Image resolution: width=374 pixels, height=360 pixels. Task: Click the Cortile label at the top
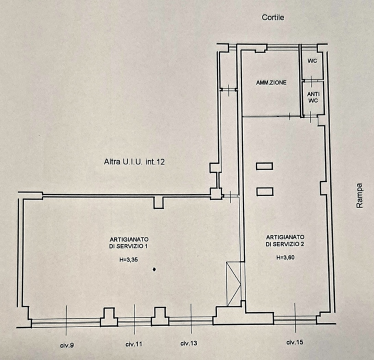tap(273, 17)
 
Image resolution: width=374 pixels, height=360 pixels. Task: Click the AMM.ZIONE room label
tap(271, 82)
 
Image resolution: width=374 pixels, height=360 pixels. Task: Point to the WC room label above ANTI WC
tap(312, 61)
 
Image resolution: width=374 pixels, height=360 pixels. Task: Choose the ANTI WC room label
tap(313, 97)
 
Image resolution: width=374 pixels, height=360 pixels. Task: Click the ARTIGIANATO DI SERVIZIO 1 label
tap(128, 243)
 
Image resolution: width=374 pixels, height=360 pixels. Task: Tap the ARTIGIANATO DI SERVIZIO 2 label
tap(285, 240)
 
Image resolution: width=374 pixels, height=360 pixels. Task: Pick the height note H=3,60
tap(285, 258)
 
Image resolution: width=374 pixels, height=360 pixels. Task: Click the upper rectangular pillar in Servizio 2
tap(264, 166)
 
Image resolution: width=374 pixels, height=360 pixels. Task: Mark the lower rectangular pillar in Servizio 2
tap(264, 191)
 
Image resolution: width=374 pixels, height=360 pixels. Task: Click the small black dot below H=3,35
tap(154, 269)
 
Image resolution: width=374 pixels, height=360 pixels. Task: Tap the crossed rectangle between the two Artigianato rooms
tap(233, 283)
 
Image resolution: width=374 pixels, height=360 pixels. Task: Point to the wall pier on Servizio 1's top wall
tap(158, 202)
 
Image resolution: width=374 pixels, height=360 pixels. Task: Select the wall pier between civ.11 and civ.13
tap(159, 316)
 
